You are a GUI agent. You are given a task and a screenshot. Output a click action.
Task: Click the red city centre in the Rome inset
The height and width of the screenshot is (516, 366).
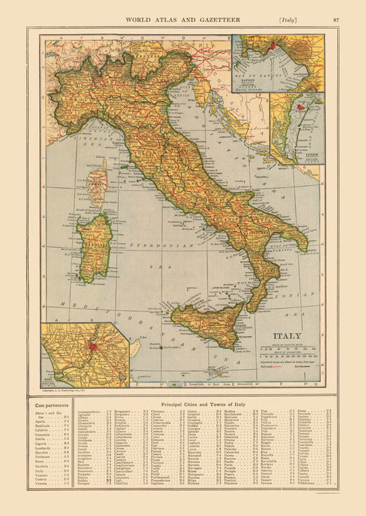[x=91, y=347]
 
